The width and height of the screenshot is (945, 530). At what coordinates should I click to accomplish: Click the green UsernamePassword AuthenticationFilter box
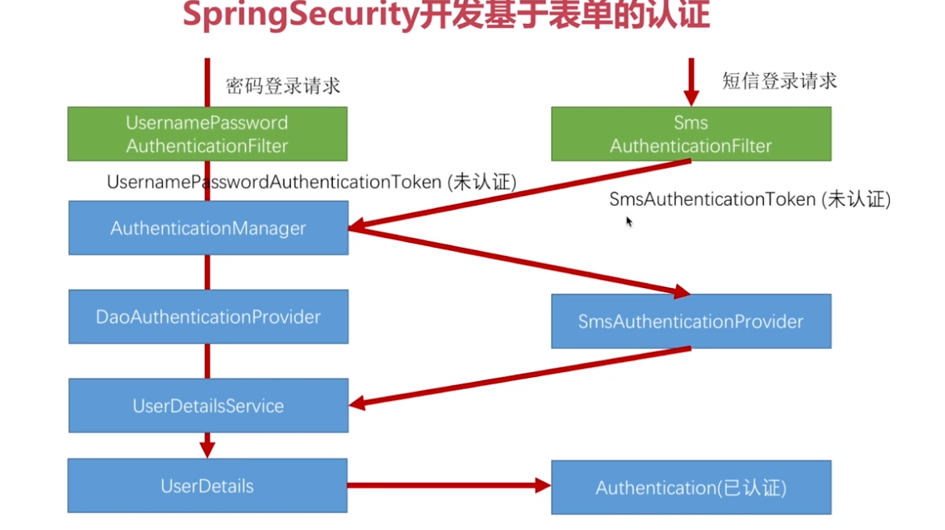pos(207,134)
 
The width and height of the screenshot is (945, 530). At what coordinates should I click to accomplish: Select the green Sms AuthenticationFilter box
pos(691,134)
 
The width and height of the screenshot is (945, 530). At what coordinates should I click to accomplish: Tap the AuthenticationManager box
pos(208,228)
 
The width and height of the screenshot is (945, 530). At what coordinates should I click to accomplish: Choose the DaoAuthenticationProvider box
pos(208,317)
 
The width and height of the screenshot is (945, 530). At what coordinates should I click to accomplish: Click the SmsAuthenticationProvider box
pos(691,321)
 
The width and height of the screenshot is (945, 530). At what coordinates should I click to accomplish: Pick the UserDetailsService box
pos(208,406)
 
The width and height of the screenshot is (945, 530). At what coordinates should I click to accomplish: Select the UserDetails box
pos(207,486)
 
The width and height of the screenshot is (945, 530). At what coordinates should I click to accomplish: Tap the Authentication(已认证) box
pos(691,488)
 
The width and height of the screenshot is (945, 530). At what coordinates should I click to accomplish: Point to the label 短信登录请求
pos(780,81)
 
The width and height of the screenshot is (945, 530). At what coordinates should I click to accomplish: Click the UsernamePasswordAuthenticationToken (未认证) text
pos(312,182)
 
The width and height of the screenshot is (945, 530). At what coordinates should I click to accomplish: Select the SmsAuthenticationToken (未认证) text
pos(749,199)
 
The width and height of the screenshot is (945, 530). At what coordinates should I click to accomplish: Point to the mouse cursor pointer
pos(629,221)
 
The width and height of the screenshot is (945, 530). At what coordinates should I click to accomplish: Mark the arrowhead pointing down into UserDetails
pos(207,449)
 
